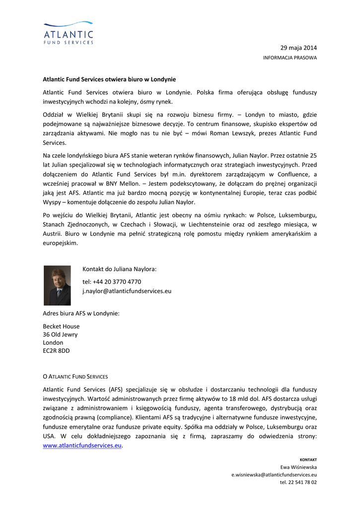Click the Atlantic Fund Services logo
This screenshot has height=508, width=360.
click(68, 33)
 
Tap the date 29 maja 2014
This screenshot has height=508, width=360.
click(298, 48)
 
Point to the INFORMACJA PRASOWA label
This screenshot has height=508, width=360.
click(289, 58)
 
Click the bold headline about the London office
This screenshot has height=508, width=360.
click(109, 79)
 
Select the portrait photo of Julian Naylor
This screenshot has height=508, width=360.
click(57, 285)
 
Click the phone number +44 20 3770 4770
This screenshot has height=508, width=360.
click(112, 282)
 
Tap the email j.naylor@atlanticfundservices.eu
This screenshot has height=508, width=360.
click(127, 291)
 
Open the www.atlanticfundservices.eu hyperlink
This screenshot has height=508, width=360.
click(82, 445)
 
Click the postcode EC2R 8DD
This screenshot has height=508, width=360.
click(56, 351)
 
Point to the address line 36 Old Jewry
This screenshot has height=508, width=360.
click(60, 335)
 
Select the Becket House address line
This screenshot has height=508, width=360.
click(61, 326)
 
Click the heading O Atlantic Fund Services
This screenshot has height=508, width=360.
click(75, 377)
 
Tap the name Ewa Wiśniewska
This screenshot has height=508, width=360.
click(298, 467)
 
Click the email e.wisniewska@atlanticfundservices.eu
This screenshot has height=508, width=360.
click(274, 475)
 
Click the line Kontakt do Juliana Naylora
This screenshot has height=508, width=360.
click(119, 269)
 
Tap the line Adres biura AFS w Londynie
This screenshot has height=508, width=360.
click(81, 313)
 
